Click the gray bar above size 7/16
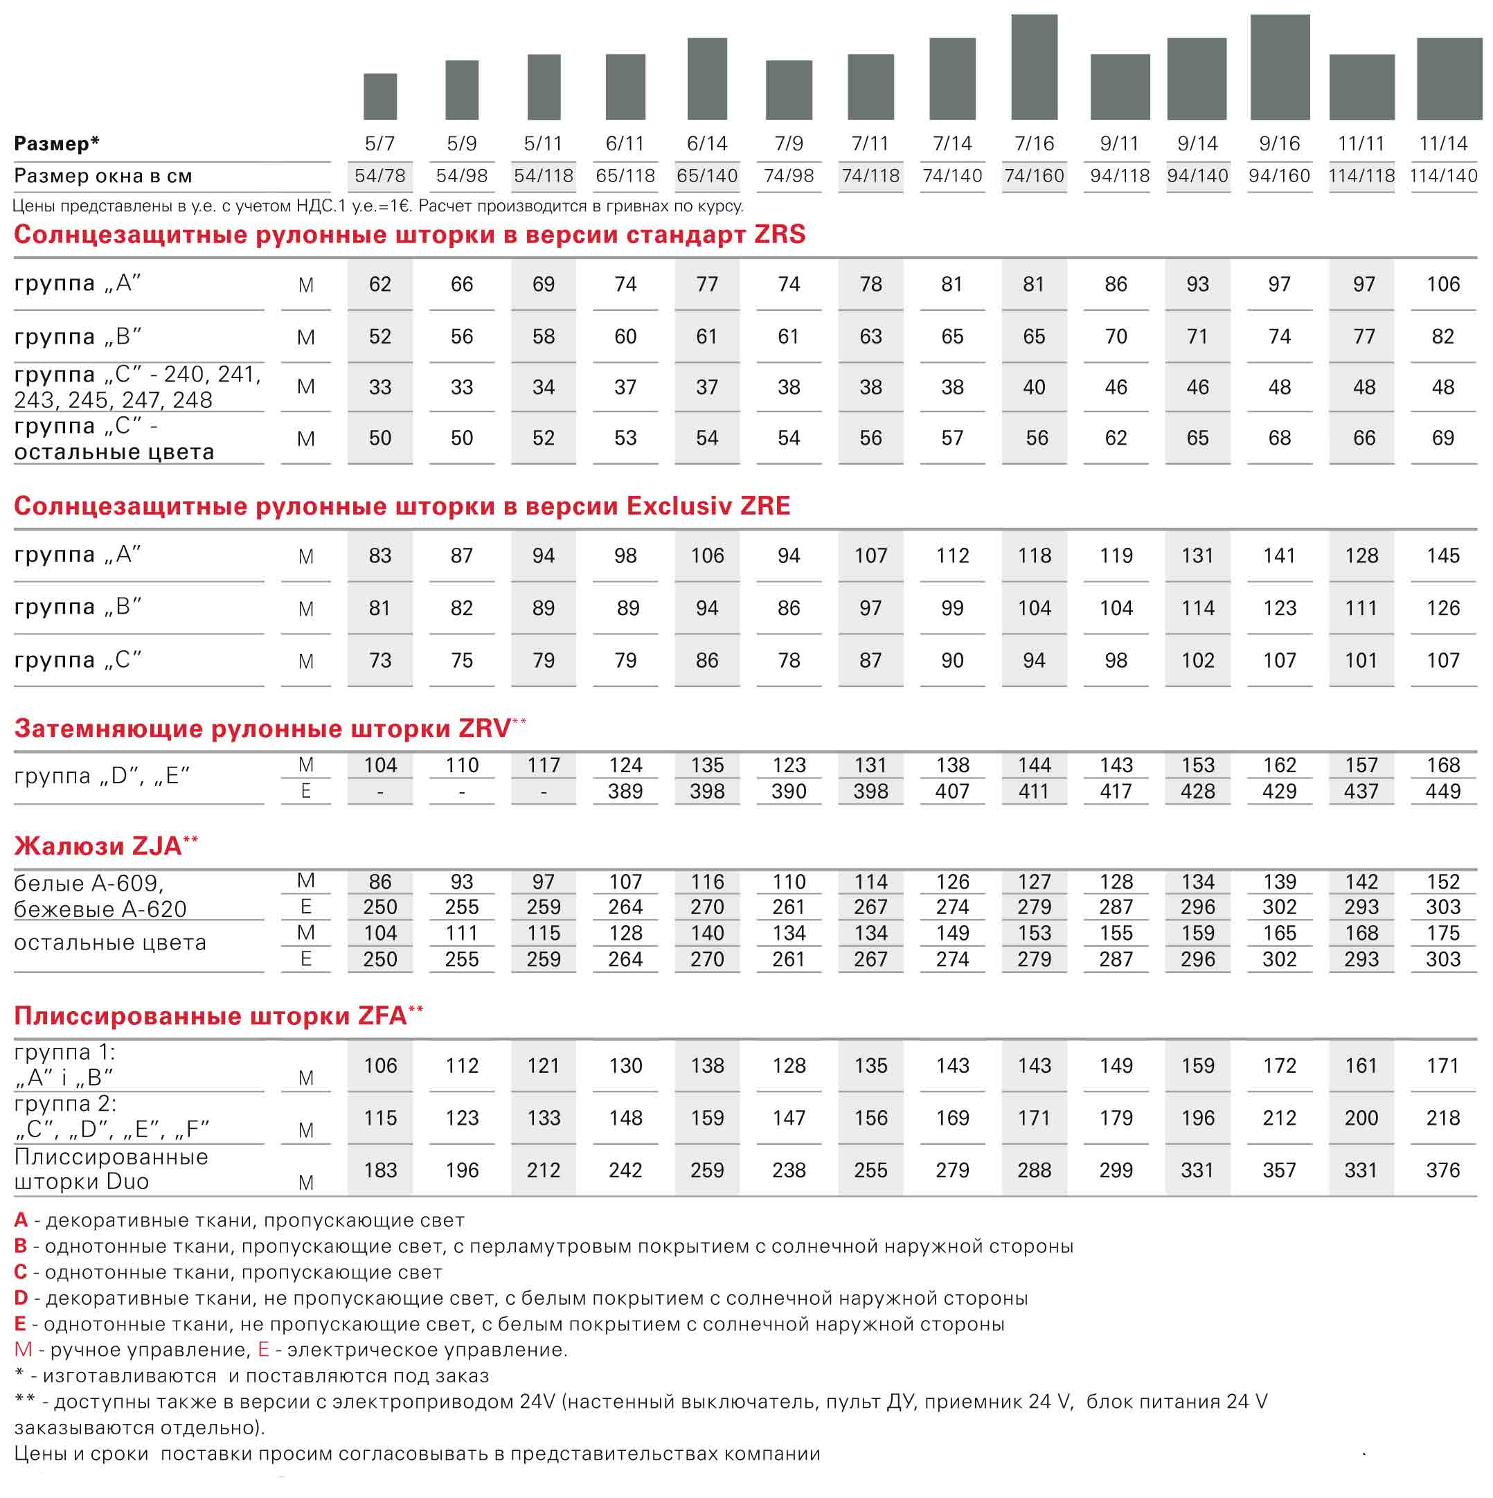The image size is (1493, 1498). click(1034, 66)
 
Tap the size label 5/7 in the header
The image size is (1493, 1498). click(380, 143)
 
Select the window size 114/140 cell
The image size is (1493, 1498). click(1442, 176)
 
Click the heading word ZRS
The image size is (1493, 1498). click(780, 234)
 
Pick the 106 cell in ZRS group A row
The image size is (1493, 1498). click(1442, 284)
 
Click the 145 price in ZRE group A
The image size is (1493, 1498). click(1442, 555)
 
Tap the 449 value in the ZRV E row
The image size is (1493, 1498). click(1442, 791)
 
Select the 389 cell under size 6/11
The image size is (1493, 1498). click(625, 791)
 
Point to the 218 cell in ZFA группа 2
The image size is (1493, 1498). click(1442, 1117)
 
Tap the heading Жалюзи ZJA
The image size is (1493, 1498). click(105, 845)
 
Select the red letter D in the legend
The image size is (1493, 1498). click(21, 1297)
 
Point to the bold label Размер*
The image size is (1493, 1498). click(57, 143)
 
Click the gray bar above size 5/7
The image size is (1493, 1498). click(380, 96)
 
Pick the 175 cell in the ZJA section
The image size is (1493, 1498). click(1442, 933)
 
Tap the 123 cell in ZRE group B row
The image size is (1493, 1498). click(1279, 608)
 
